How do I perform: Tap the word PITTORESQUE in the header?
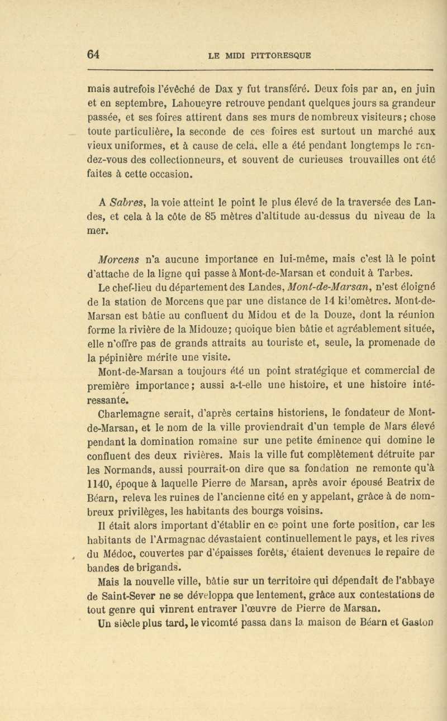[284, 55]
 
